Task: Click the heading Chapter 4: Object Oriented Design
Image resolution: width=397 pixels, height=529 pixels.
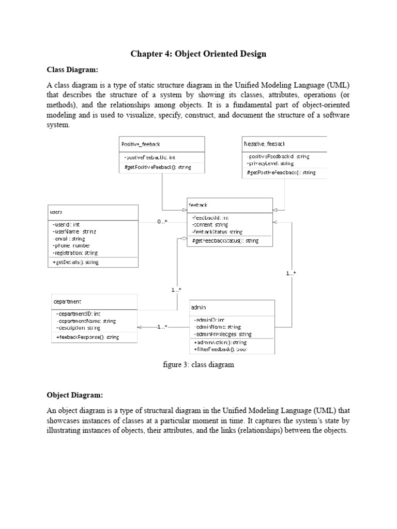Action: click(x=198, y=54)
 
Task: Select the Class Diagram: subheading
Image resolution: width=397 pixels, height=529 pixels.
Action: click(x=72, y=69)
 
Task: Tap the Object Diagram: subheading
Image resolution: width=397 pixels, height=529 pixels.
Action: click(x=75, y=395)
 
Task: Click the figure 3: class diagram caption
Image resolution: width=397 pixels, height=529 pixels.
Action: click(x=198, y=365)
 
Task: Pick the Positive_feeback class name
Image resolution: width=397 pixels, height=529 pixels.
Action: click(x=141, y=144)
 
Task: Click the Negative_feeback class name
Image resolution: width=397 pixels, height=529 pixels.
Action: click(x=264, y=144)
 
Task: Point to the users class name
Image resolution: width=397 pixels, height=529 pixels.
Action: click(x=56, y=212)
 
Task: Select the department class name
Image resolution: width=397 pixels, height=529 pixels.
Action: click(x=67, y=301)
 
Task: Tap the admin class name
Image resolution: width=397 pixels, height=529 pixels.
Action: click(x=198, y=307)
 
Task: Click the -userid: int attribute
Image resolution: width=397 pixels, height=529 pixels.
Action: click(x=66, y=225)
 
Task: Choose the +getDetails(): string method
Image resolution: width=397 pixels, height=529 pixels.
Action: click(x=75, y=262)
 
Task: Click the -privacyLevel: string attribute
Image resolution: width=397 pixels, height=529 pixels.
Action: click(x=268, y=163)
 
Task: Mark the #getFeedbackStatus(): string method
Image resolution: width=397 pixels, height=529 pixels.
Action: click(x=225, y=241)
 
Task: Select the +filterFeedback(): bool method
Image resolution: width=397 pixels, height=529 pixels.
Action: click(x=220, y=350)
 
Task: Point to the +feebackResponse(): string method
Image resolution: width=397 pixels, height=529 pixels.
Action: click(x=87, y=337)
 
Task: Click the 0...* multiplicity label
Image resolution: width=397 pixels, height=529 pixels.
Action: click(x=162, y=222)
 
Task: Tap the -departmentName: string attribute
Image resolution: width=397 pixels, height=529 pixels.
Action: click(x=86, y=321)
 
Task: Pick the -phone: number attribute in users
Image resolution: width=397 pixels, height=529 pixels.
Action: click(x=72, y=246)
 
